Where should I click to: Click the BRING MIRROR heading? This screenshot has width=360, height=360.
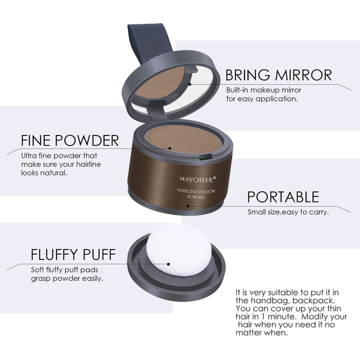point(278,75)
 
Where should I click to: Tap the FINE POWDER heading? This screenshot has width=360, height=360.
point(70,139)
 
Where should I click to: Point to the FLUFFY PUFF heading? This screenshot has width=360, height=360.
point(73,254)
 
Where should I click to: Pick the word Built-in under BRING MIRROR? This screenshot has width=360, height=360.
point(238,90)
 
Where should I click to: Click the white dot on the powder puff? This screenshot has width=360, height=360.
point(168,264)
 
